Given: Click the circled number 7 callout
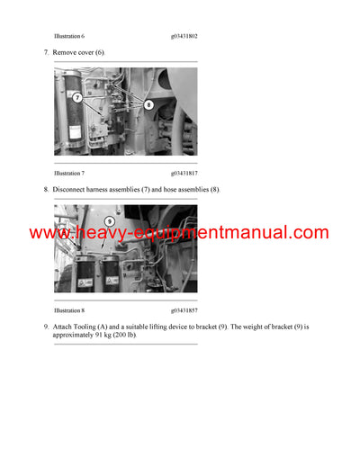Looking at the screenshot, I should tap(78, 96).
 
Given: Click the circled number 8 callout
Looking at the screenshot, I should tap(148, 104).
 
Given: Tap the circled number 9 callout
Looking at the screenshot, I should tap(109, 220).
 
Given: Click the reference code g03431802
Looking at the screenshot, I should tap(184, 36).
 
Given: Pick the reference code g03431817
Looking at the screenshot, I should tap(184, 172).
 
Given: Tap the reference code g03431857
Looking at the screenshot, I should tap(184, 309).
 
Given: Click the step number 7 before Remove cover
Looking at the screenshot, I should tap(46, 53).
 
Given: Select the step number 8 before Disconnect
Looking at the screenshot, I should tap(46, 190).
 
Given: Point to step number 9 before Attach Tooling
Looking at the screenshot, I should tap(46, 327).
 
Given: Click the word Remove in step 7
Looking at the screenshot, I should tap(65, 53).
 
